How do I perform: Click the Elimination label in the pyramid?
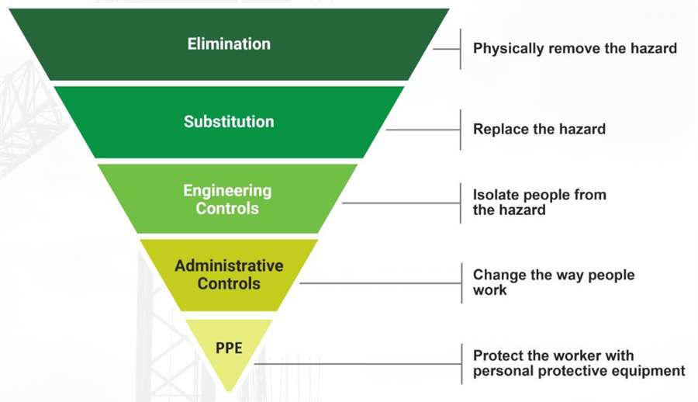click(x=229, y=43)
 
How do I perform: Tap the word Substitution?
click(x=229, y=121)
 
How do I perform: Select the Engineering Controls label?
click(x=227, y=199)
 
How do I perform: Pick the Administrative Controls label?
click(x=229, y=275)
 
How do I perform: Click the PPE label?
click(x=229, y=348)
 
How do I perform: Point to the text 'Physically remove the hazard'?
click(x=575, y=48)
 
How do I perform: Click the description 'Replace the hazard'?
click(x=539, y=129)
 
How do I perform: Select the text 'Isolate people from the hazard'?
click(x=540, y=202)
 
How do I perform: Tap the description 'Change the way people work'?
click(x=554, y=282)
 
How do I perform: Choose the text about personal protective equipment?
click(x=579, y=363)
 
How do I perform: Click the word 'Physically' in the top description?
click(x=508, y=48)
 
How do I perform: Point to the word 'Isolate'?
click(x=496, y=194)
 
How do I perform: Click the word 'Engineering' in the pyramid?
click(x=227, y=190)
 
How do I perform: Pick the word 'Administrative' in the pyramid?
click(x=229, y=265)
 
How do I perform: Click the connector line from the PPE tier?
click(x=358, y=364)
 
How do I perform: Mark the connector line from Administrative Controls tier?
click(x=381, y=283)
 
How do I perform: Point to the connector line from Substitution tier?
click(x=423, y=130)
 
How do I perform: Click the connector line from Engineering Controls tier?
click(x=401, y=203)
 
